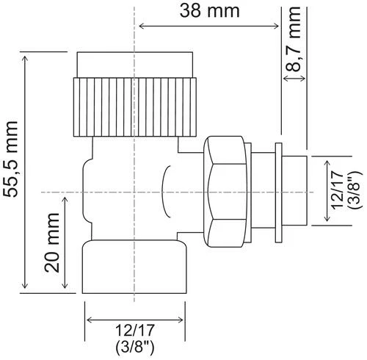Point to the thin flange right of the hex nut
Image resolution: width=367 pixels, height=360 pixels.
click(278, 190)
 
